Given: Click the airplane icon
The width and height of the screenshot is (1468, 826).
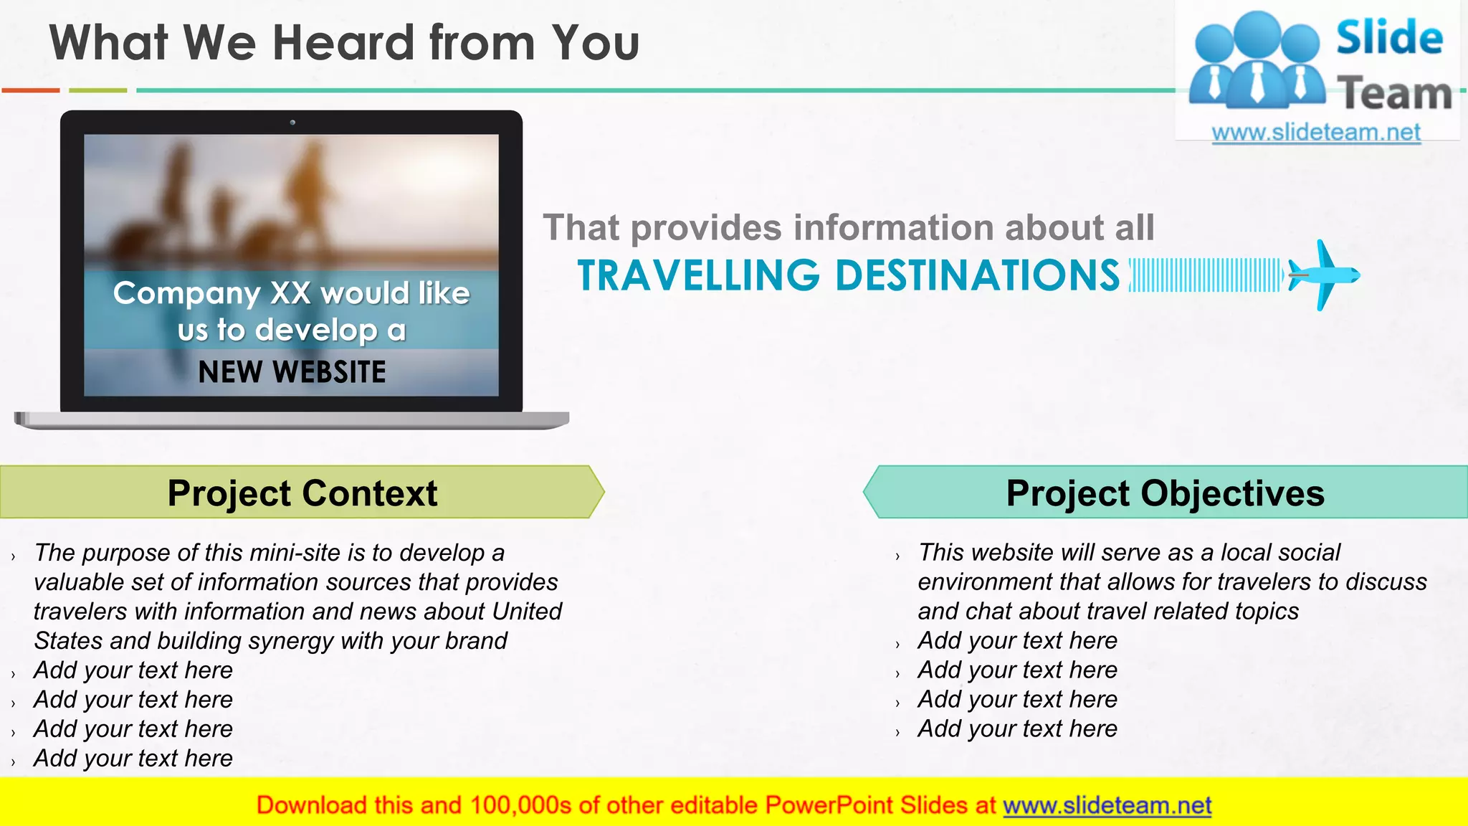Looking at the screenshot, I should pos(1323,275).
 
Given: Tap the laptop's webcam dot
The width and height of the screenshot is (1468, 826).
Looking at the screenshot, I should pos(292,123).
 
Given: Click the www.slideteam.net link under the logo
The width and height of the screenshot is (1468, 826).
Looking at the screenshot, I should pos(1316,133).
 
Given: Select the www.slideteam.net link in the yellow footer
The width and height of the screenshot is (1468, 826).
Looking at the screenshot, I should pos(1107,805).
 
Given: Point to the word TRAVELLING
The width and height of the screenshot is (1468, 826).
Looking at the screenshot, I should pos(698,276).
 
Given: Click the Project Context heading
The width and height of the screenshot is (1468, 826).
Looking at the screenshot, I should pos(302,493).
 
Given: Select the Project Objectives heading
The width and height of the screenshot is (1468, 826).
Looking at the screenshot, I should pos(1165,493).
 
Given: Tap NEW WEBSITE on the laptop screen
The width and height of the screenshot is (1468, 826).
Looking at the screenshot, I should pos(292,372).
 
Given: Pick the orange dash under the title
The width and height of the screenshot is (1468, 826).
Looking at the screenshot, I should pos(31,90).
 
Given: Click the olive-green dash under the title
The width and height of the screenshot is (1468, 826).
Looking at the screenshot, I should pos(98,90).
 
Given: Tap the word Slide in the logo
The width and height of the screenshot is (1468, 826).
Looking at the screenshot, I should pos(1389,37).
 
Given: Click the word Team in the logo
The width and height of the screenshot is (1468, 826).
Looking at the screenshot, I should pos(1394,94).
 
